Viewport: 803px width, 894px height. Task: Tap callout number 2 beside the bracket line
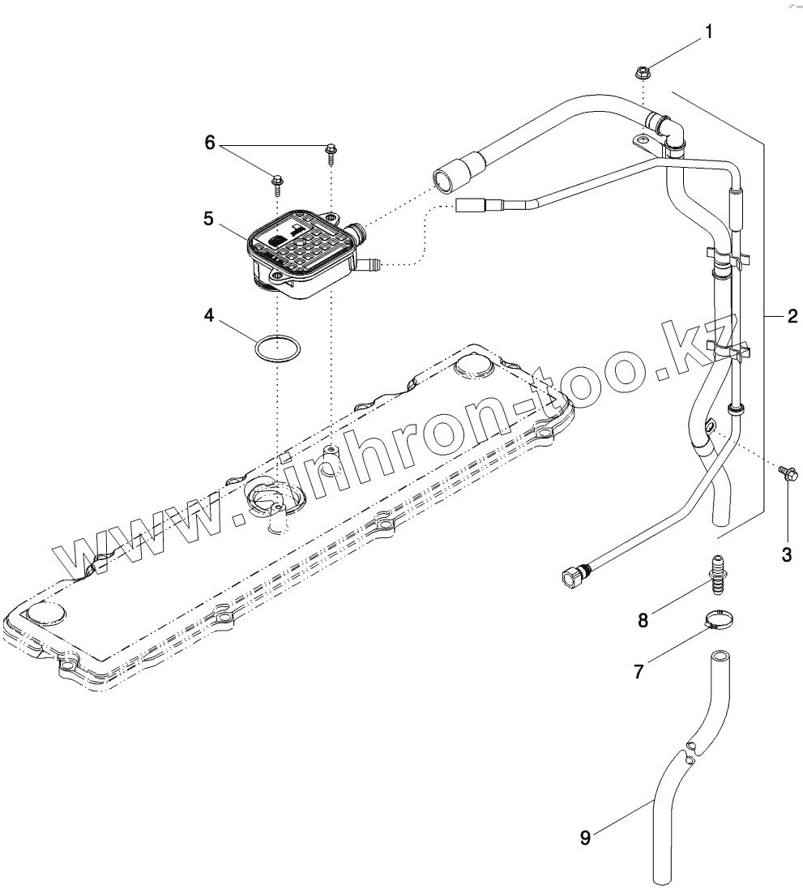[792, 315]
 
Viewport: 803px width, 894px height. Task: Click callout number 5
[208, 218]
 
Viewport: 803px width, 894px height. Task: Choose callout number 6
[209, 143]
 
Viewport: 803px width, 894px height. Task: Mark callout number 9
[585, 836]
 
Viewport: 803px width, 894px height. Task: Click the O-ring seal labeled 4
[277, 349]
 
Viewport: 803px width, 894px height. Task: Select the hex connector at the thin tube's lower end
[572, 577]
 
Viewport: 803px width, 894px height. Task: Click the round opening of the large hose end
[443, 181]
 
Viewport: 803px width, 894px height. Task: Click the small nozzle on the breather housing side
[373, 263]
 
